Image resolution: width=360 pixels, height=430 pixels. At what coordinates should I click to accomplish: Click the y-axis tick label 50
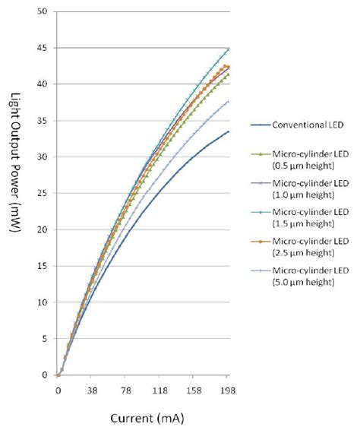(x=43, y=12)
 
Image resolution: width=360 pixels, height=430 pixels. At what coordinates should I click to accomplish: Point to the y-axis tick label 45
(x=43, y=49)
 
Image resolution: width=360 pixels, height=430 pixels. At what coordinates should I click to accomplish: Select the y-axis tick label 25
(x=43, y=194)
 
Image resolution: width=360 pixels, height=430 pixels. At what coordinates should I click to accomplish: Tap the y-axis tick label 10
(x=43, y=303)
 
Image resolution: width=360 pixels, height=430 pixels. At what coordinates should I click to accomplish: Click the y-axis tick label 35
(x=43, y=122)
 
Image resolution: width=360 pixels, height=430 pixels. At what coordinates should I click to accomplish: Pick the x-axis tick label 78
(x=125, y=392)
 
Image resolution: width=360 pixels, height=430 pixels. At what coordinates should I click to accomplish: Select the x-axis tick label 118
(x=159, y=392)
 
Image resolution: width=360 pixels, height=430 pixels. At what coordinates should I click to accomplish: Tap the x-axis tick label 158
(x=194, y=392)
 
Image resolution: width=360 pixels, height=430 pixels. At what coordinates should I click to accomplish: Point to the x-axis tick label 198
(x=227, y=392)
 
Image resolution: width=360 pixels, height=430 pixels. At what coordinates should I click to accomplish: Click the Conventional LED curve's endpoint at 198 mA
(x=229, y=131)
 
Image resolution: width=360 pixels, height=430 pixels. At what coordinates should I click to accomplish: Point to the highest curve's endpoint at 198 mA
(x=229, y=49)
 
